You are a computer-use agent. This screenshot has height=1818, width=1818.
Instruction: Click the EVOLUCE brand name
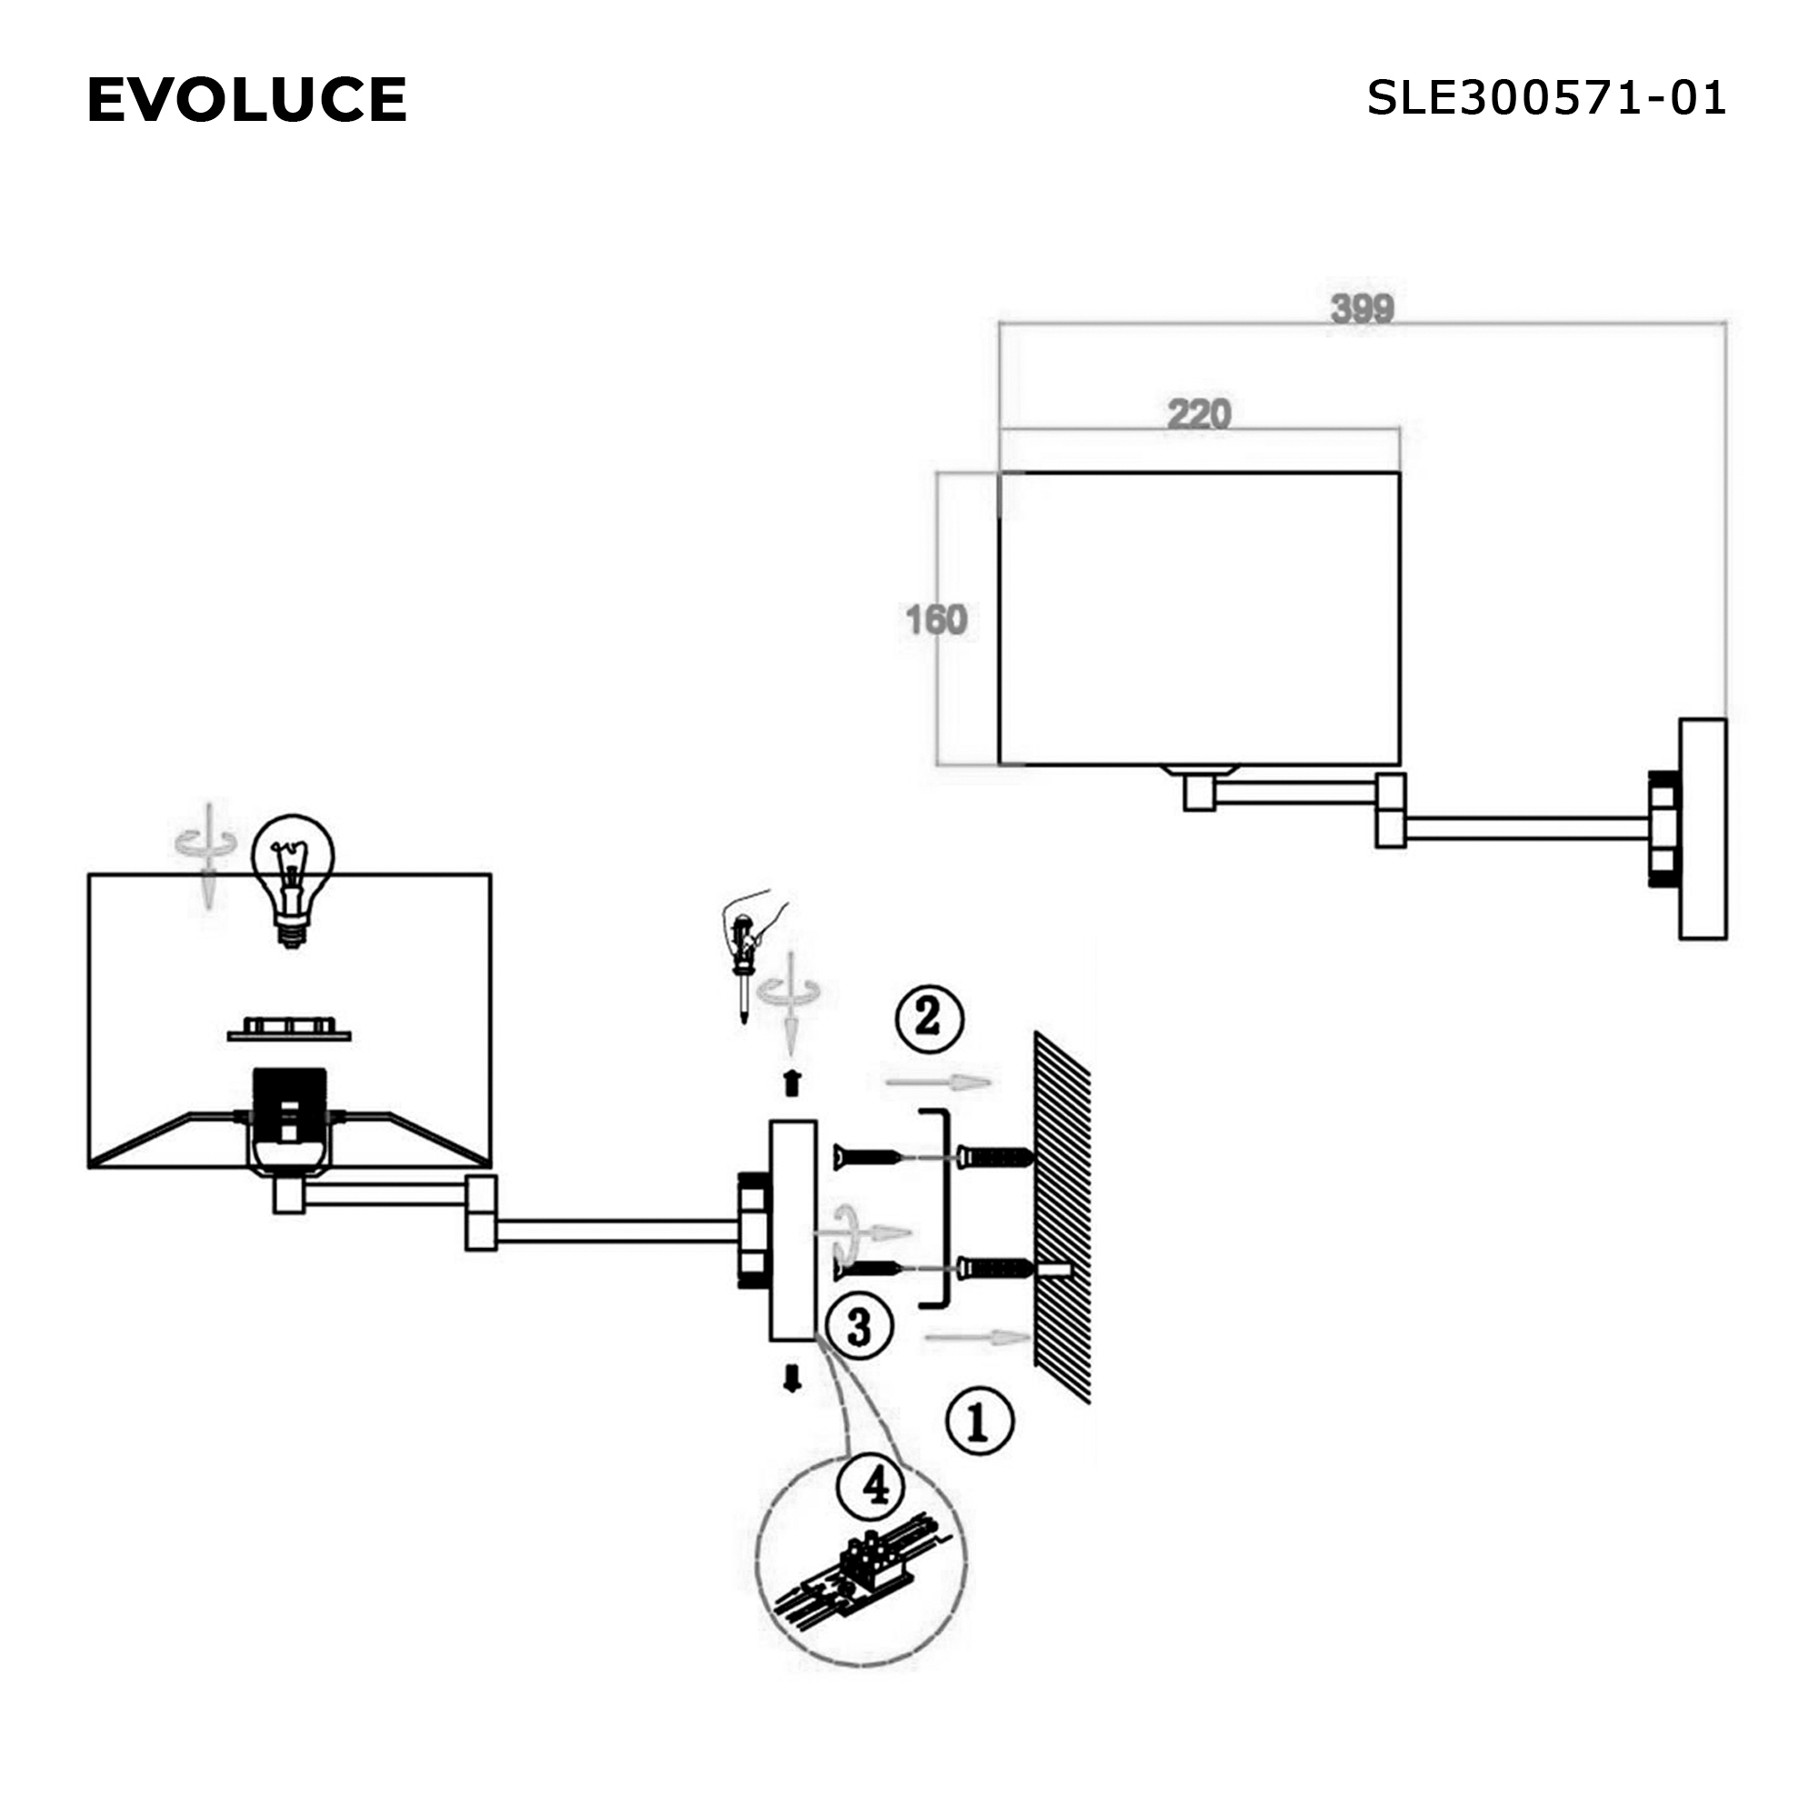246,100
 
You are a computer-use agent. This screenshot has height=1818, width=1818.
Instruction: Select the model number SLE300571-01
1545,98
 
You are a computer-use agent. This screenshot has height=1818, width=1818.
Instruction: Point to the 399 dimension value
1362,309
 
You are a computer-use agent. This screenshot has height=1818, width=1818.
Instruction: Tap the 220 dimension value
1199,414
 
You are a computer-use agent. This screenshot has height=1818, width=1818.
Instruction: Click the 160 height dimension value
936,620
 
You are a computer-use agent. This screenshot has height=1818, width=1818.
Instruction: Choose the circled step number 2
929,1018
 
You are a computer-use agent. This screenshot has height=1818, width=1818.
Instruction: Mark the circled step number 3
859,1328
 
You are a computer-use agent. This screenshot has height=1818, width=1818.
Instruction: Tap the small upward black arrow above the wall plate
793,1084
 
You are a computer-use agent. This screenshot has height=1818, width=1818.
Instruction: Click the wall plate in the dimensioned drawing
1703,829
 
